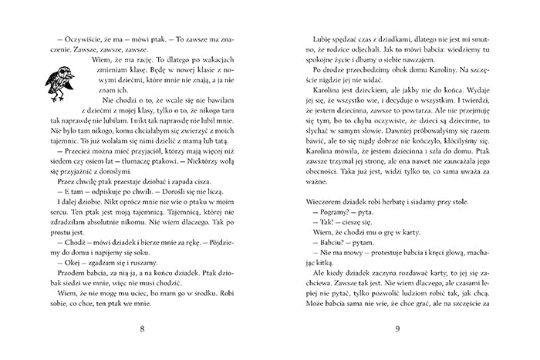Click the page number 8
[x=143, y=330]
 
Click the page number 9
[x=397, y=330]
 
